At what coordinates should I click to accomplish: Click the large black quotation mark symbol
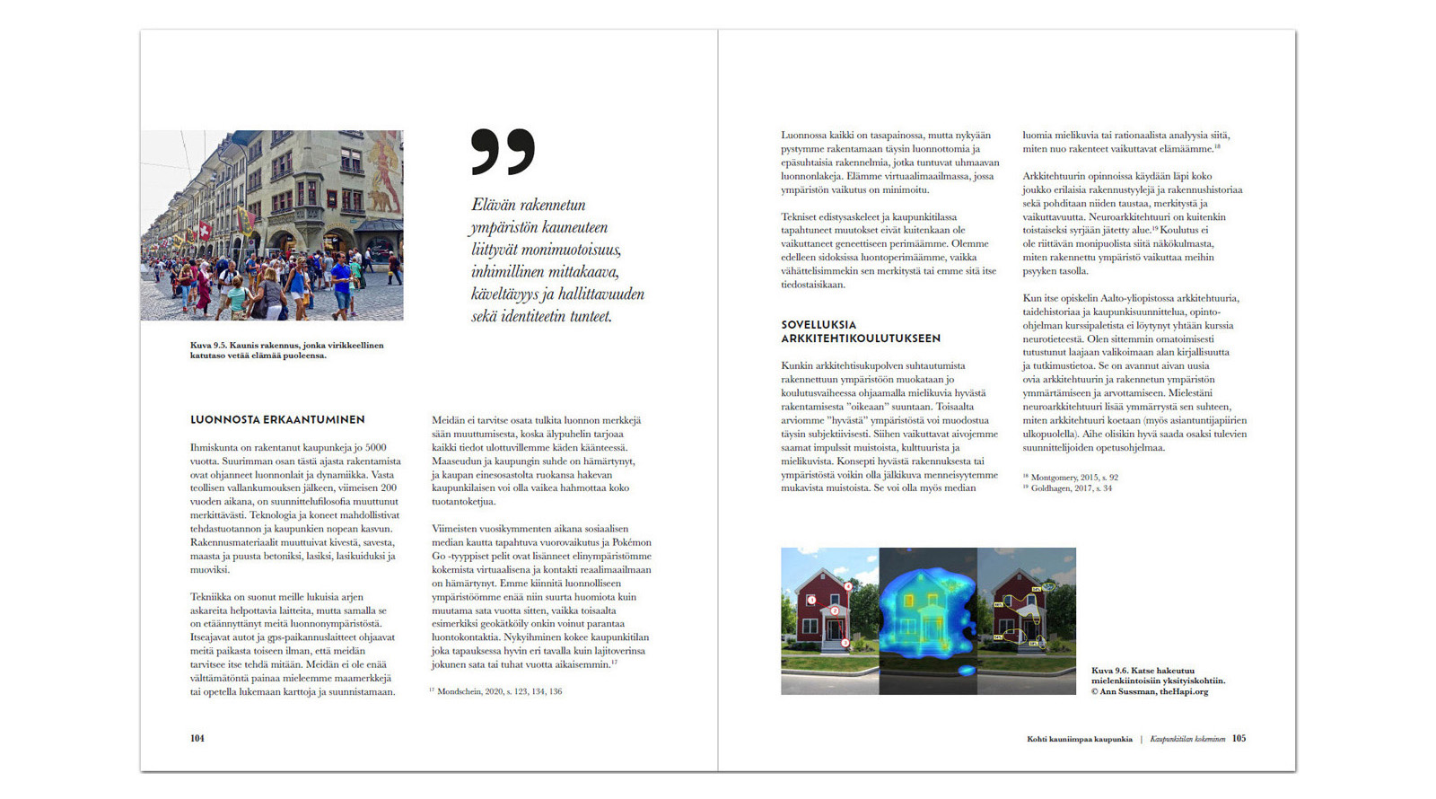click(x=503, y=151)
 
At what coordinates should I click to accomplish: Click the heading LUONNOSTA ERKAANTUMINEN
click(x=277, y=419)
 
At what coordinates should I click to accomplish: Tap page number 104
click(x=197, y=738)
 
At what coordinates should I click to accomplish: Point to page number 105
click(x=1239, y=738)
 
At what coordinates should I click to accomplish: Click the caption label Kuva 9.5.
click(x=207, y=345)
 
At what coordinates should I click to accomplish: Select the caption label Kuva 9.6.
click(x=1108, y=670)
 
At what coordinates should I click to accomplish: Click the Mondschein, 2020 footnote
click(x=499, y=691)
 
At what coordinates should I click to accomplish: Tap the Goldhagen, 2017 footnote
click(x=1071, y=488)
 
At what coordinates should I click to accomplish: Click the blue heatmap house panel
click(x=928, y=620)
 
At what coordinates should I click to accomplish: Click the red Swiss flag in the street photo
click(x=206, y=230)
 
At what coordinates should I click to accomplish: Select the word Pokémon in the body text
click(x=632, y=542)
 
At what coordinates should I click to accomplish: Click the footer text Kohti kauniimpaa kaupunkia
click(x=1079, y=739)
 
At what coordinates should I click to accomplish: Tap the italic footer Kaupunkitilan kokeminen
click(x=1186, y=739)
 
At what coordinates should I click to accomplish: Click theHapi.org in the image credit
click(x=1184, y=691)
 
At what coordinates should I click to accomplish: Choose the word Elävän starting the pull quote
click(x=494, y=205)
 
